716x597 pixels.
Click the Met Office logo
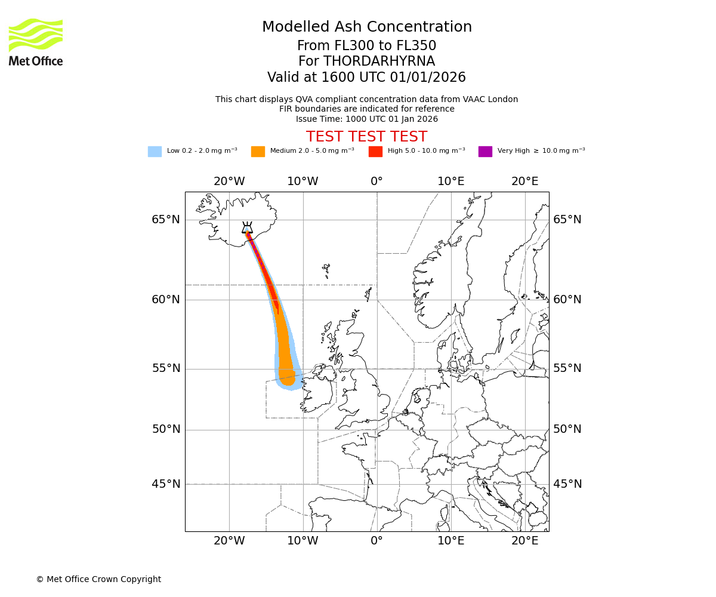click(x=36, y=42)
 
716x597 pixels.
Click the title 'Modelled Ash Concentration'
click(x=366, y=27)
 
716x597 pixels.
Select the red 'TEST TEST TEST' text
click(x=366, y=137)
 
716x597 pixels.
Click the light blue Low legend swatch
click(x=155, y=151)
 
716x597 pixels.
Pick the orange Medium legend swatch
click(x=258, y=151)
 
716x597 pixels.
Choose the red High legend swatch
click(x=375, y=151)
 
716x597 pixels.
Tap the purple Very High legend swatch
click(x=485, y=151)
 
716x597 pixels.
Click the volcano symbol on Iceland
click(x=247, y=227)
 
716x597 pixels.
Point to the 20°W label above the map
click(x=229, y=181)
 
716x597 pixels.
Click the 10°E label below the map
click(x=451, y=541)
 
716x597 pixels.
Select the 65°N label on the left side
click(x=165, y=220)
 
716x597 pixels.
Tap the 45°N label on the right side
click(x=567, y=484)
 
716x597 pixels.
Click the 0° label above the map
click(x=376, y=181)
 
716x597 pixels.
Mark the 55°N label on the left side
click(x=165, y=368)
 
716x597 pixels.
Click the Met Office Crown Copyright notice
click(x=98, y=579)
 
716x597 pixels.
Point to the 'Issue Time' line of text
click(x=366, y=119)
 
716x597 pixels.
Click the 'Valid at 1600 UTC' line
click(x=366, y=78)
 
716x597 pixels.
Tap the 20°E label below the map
click(x=525, y=541)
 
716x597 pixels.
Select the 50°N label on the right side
click(x=567, y=429)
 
